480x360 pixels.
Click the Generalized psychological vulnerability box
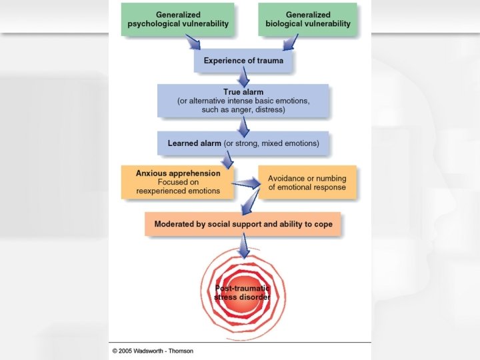[x=178, y=19]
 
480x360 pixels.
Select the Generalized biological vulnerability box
[x=308, y=19]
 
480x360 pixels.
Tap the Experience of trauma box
[x=243, y=61]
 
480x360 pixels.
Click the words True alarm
[x=243, y=92]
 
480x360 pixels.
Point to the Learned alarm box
[x=243, y=143]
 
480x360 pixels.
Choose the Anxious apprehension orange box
[x=177, y=182]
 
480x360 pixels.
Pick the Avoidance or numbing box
[x=307, y=183]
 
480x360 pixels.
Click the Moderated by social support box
[x=243, y=224]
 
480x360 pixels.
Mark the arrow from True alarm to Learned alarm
[x=243, y=125]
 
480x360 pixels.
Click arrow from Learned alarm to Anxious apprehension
[x=228, y=160]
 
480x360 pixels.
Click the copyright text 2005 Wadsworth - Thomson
[x=153, y=351]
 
